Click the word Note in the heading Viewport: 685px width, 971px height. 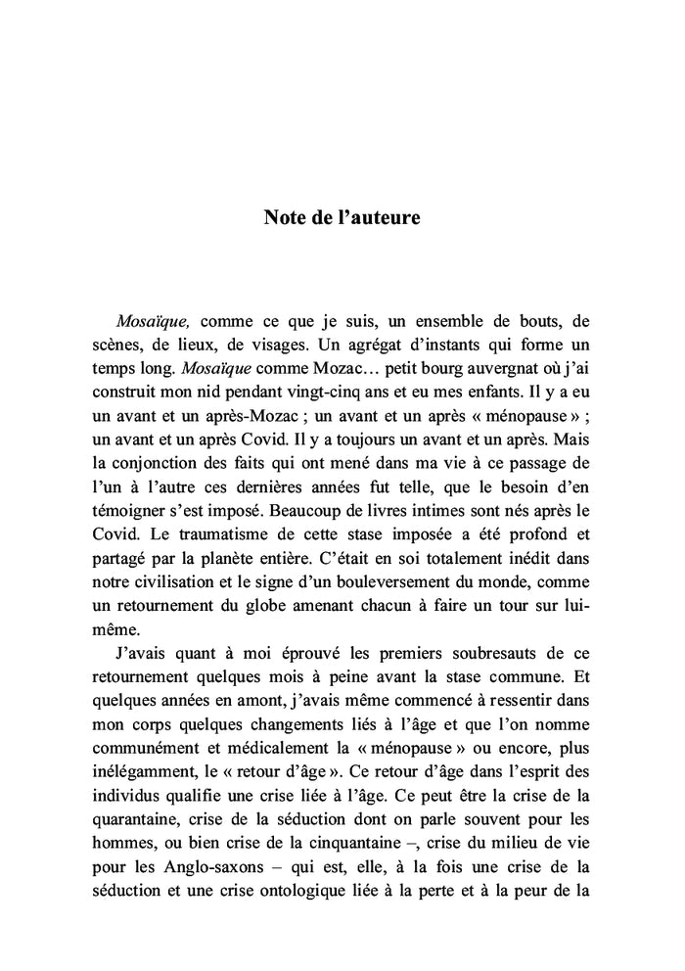[285, 217]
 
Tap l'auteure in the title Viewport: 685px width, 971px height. [378, 217]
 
